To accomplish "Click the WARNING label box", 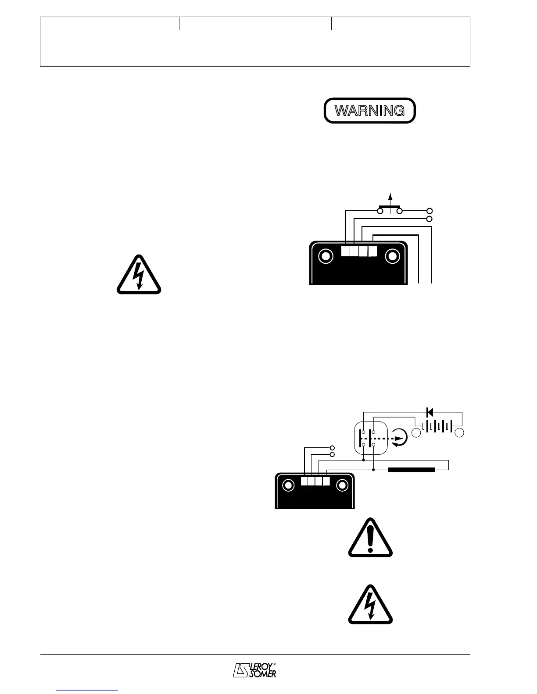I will point(369,110).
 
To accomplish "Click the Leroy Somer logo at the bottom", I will point(254,669).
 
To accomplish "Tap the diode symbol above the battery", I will point(430,412).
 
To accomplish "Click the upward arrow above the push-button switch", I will point(390,198).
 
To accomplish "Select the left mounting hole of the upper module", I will point(326,256).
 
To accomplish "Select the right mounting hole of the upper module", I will point(392,256).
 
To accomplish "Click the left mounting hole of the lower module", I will point(288,485).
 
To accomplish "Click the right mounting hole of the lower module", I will point(342,485).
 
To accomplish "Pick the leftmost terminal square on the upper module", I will point(346,251).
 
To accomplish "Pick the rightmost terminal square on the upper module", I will point(372,251).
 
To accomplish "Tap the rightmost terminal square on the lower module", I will point(326,481).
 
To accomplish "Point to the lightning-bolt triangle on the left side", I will point(139,275).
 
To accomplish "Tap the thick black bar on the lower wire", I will point(412,470).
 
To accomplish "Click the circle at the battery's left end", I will point(417,433).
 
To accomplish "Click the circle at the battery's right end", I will point(459,433).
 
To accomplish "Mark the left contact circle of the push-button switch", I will point(380,211).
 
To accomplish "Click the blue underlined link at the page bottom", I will point(87,690).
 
